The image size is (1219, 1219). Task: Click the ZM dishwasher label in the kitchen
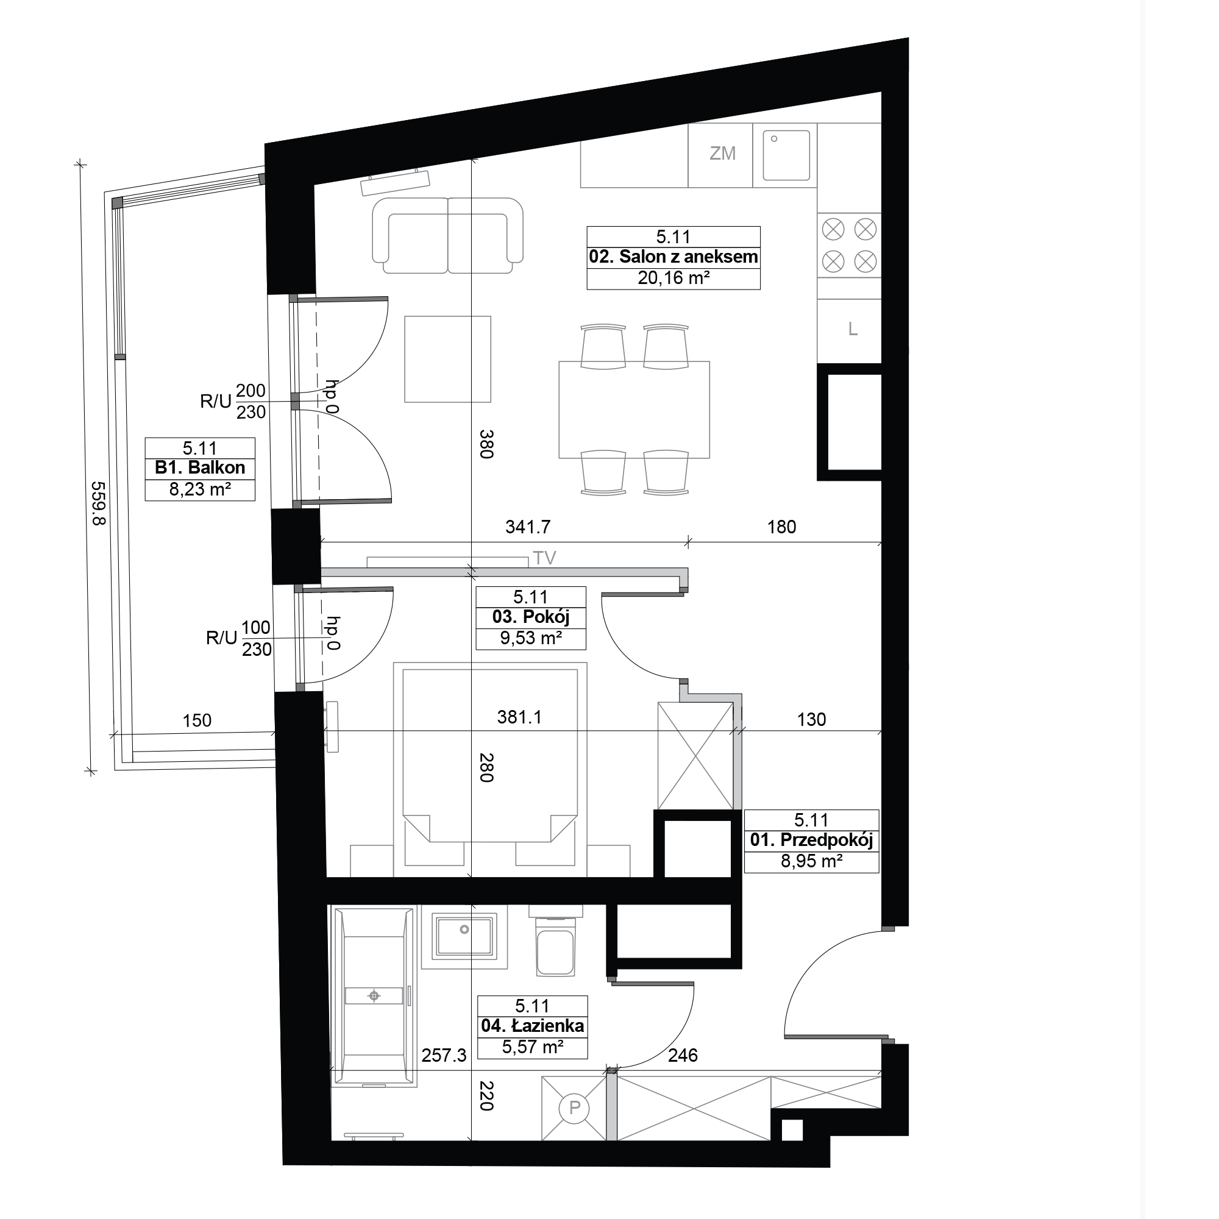click(722, 154)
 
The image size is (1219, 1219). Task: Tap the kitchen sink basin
click(786, 155)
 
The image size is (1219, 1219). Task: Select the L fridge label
click(853, 329)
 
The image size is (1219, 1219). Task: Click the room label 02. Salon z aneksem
click(673, 257)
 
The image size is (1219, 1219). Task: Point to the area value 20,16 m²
click(674, 277)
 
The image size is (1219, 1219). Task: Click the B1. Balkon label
click(200, 467)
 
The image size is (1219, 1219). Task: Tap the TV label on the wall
click(544, 558)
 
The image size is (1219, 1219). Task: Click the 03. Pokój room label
click(531, 617)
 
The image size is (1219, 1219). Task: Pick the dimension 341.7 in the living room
click(528, 527)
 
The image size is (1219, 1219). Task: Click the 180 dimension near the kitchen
click(782, 527)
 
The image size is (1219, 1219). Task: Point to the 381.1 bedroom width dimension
click(519, 717)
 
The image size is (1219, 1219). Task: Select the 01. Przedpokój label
click(811, 840)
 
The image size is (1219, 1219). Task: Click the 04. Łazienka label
click(533, 1026)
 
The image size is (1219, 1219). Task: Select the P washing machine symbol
click(574, 1107)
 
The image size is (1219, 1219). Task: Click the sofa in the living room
click(447, 235)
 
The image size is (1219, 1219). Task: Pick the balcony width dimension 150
click(197, 720)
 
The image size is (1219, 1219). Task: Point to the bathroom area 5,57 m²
click(533, 1047)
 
